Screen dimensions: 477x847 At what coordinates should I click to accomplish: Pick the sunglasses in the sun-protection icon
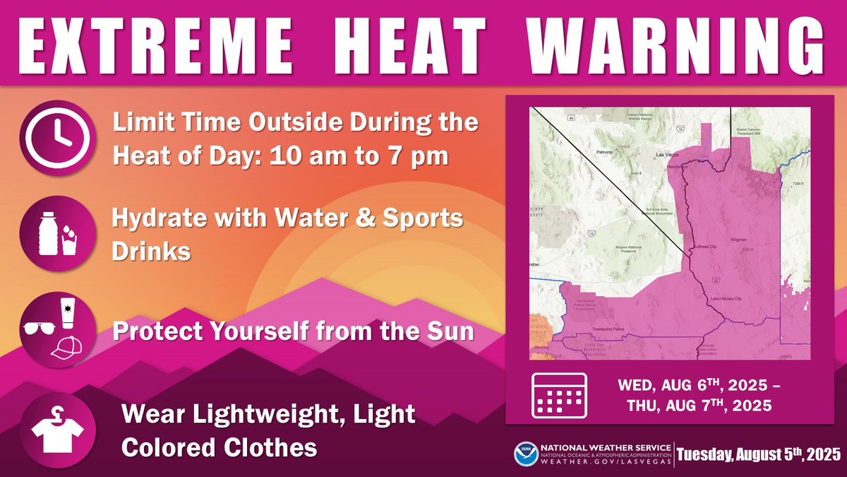coord(40,329)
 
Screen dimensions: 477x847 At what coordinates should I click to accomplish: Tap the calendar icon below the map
coord(558,394)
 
